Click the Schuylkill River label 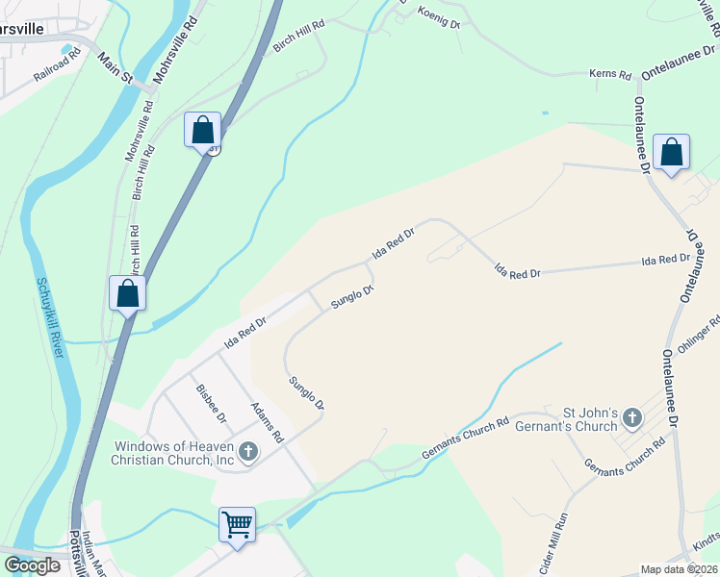pos(50,318)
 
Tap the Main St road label pos(114,69)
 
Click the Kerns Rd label pos(610,74)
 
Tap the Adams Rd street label pos(266,422)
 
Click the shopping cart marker pos(237,525)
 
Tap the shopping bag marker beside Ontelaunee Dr pos(671,152)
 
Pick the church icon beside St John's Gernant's pos(631,417)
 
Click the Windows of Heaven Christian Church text pos(173,453)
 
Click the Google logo pos(33,565)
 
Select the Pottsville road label pos(76,552)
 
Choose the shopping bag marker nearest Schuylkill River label pos(128,294)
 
